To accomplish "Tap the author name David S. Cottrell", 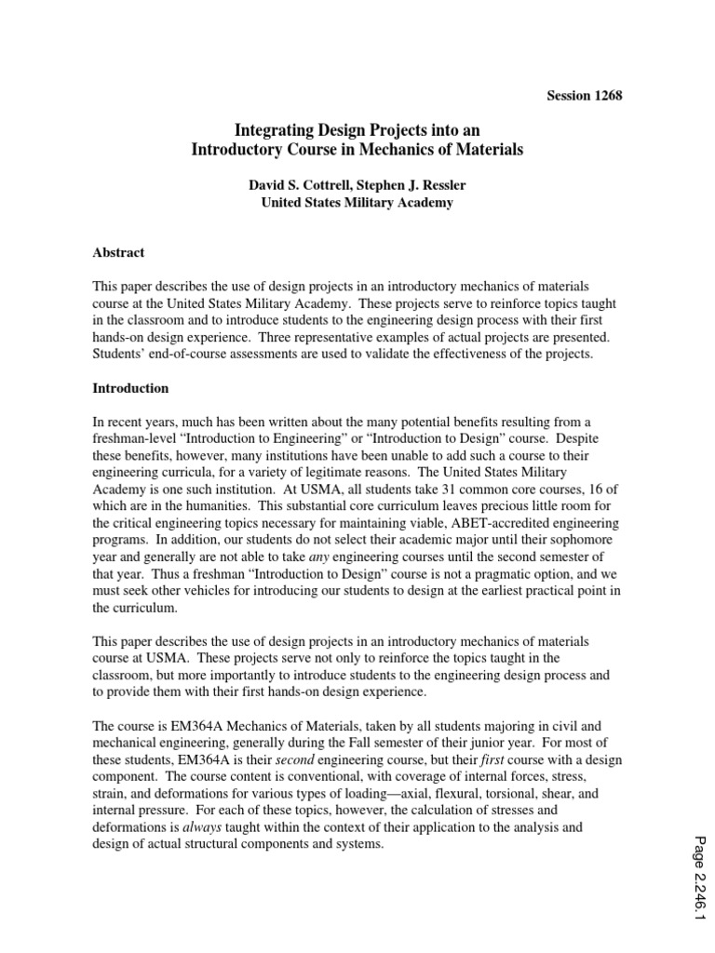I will [294, 185].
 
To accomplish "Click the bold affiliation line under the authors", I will [357, 203].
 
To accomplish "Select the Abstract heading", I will [118, 251].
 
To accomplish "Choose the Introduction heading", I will [130, 387].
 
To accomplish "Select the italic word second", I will [290, 759].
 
